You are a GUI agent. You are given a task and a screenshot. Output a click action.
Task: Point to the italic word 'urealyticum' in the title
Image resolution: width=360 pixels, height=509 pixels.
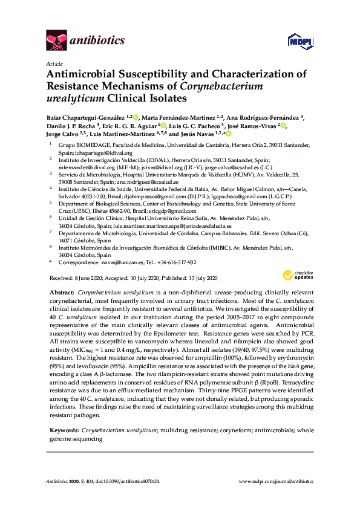(x=73, y=97)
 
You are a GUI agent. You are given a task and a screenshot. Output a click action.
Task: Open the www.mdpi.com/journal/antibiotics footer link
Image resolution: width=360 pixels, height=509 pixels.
(x=277, y=481)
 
